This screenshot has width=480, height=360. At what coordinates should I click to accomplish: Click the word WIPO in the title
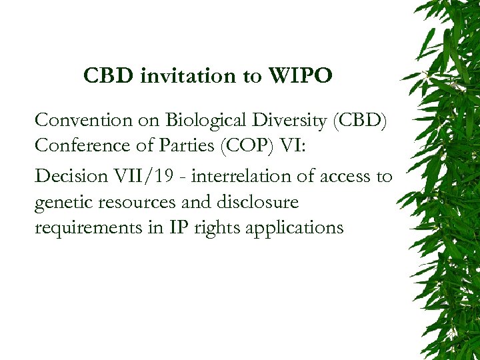click(x=299, y=77)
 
